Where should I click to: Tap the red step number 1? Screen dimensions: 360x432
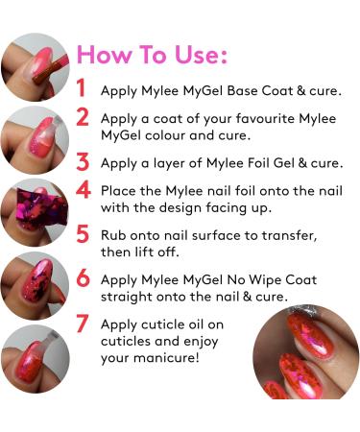tap(82, 87)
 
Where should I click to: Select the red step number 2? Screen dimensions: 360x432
tap(83, 116)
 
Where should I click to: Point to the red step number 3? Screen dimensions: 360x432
tap(83, 161)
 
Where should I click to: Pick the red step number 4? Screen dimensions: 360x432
tap(84, 189)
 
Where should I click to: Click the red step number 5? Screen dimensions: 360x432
tap(83, 233)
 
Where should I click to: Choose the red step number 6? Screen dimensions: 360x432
tap(83, 277)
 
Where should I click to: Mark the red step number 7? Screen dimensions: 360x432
tap(83, 323)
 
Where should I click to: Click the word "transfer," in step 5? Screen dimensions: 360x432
tap(290, 236)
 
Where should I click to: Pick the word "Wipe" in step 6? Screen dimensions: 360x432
tap(265, 280)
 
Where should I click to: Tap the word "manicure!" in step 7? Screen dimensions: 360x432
tap(166, 357)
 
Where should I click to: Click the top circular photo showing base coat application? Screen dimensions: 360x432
tap(36, 67)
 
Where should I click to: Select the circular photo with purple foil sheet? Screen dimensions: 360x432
tap(35, 212)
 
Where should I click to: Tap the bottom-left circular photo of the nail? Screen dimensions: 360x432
tap(36, 359)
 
